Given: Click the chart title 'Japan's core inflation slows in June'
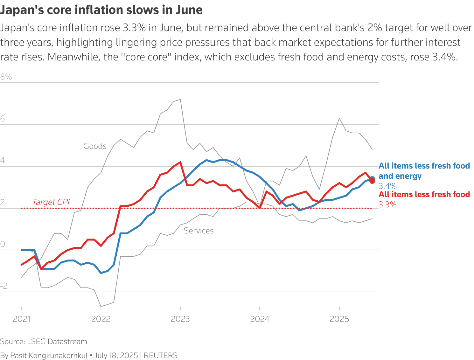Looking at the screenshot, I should (x=101, y=10).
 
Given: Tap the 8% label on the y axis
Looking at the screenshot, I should (x=6, y=77).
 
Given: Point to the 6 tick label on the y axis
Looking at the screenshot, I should (x=3, y=119).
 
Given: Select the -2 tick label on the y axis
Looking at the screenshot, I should (x=4, y=286).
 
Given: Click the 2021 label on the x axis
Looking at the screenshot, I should (x=22, y=319).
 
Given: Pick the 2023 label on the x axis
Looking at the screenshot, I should (x=180, y=319).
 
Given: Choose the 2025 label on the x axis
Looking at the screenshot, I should (x=339, y=319).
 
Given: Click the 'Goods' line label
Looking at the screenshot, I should (x=95, y=146).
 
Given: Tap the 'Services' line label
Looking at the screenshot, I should (x=199, y=231).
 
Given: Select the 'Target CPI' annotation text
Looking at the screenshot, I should (x=51, y=202).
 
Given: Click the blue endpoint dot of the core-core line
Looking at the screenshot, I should (x=372, y=178).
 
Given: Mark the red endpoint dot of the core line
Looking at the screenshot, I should (x=372, y=181).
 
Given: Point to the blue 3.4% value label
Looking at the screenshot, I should (x=387, y=186).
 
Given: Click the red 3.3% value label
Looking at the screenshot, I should (x=387, y=204).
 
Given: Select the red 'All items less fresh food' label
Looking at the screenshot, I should (x=424, y=194).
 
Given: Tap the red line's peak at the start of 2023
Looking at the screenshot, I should (x=180, y=162).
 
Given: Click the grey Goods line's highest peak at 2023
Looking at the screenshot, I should (x=180, y=100).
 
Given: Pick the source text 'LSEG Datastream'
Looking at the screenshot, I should (x=57, y=342).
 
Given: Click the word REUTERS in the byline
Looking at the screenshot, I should (x=161, y=355).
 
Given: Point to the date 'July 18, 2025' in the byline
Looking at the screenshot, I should (x=116, y=355).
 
